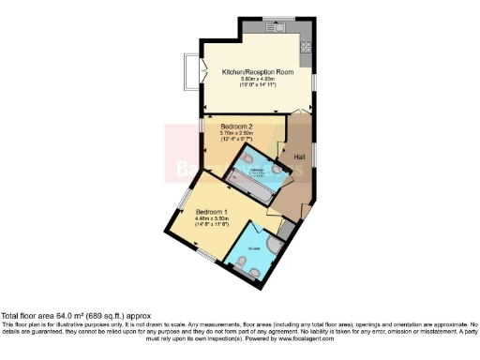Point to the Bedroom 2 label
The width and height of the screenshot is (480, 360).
click(236, 126)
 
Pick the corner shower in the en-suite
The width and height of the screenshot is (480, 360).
click(272, 246)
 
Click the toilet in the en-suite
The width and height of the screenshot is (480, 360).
click(254, 270)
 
